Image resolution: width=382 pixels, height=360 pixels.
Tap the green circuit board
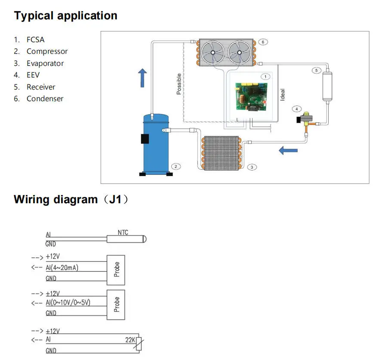click(251, 97)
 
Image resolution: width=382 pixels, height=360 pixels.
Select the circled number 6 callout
click(263, 42)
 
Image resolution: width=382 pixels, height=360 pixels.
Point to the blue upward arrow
click(142, 78)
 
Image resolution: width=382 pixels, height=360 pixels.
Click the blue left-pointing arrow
click(288, 150)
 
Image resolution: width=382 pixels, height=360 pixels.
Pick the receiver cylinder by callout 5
click(327, 86)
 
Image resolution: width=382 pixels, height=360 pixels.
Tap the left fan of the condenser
click(213, 53)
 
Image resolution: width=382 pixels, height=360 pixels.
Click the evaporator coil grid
click(222, 153)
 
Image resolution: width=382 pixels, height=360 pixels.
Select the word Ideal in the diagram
click(282, 95)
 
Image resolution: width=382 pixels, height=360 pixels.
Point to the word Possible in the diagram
click(179, 84)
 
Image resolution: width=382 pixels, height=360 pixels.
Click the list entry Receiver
click(41, 87)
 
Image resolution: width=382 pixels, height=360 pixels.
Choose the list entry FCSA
click(36, 40)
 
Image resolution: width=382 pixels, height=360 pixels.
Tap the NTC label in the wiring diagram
click(123, 233)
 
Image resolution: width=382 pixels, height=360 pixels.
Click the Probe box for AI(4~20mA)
click(116, 270)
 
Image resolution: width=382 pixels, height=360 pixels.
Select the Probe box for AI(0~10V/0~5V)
click(116, 304)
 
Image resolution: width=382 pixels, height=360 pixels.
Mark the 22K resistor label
click(130, 340)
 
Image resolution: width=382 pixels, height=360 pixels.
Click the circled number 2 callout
click(176, 167)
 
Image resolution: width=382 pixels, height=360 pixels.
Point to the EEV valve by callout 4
click(305, 120)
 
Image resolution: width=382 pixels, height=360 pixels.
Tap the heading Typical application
click(66, 16)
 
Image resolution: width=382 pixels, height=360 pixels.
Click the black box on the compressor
click(145, 139)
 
